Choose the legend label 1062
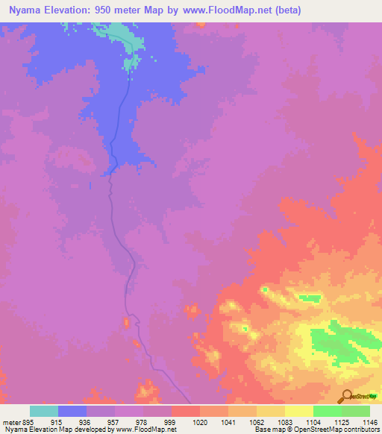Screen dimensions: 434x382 [256, 422]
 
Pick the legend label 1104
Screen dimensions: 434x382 [313, 422]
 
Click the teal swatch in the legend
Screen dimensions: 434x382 [44, 411]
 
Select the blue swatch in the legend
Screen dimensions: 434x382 [72, 411]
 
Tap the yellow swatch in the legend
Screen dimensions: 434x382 [298, 411]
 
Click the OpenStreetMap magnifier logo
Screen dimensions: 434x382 [345, 396]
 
